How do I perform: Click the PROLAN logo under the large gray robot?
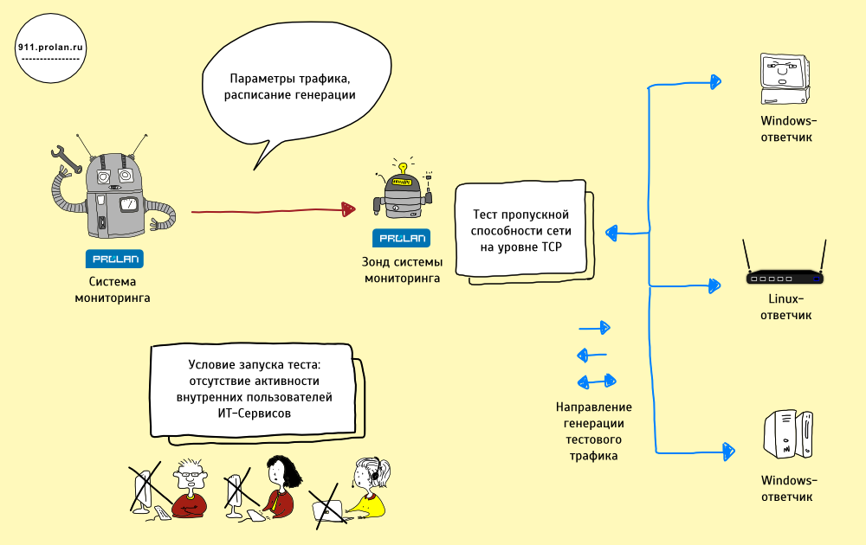pyautogui.click(x=114, y=259)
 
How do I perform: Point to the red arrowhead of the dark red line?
pyautogui.click(x=348, y=209)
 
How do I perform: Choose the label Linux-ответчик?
pyautogui.click(x=785, y=307)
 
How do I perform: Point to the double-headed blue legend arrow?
pyautogui.click(x=597, y=381)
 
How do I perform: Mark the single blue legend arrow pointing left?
pyautogui.click(x=591, y=354)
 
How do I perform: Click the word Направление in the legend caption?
pyautogui.click(x=594, y=407)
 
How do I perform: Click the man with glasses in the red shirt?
pyautogui.click(x=189, y=489)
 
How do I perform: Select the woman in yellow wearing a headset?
pyautogui.click(x=368, y=489)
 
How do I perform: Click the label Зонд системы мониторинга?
pyautogui.click(x=402, y=270)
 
